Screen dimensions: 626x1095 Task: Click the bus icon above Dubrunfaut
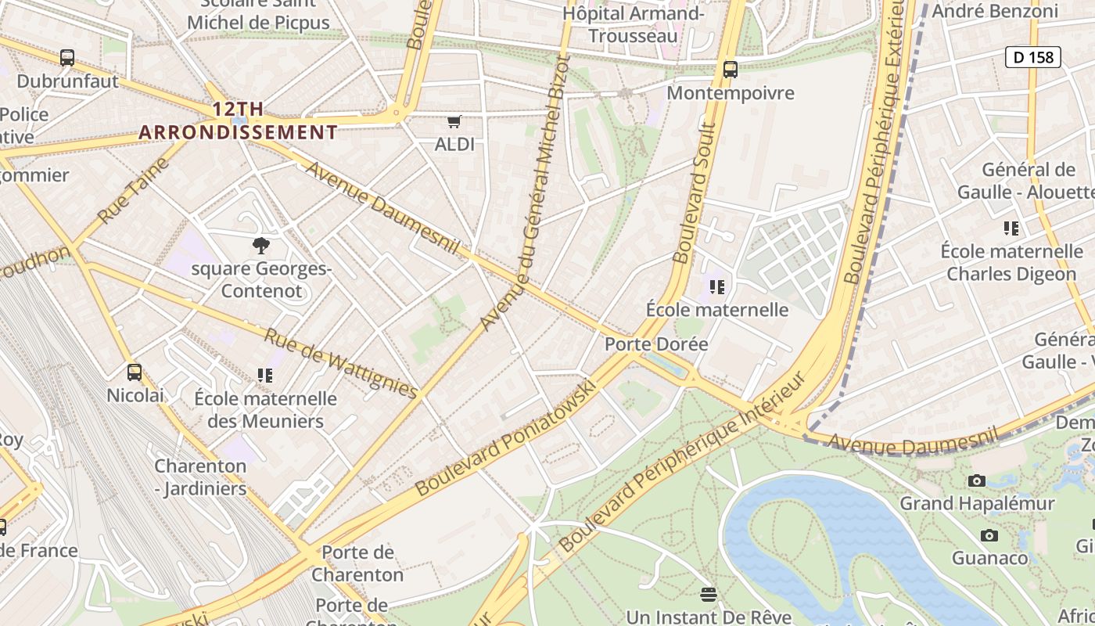67,57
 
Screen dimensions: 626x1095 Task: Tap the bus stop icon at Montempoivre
731,69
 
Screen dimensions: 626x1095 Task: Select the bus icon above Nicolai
135,372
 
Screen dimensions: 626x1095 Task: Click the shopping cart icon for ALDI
454,121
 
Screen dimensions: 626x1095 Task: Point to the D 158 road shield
1032,56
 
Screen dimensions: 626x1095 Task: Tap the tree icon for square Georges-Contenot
260,246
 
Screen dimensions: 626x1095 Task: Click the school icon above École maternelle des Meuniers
265,376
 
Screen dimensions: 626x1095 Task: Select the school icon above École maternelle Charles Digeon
1011,228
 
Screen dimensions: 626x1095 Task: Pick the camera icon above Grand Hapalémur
977,480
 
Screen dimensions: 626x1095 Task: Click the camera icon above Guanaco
989,535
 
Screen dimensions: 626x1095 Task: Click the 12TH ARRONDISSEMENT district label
238,121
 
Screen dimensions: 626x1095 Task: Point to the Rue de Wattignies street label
340,362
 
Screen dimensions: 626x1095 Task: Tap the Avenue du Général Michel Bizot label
522,192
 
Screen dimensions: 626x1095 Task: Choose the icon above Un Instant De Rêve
709,595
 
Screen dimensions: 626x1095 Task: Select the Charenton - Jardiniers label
200,477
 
